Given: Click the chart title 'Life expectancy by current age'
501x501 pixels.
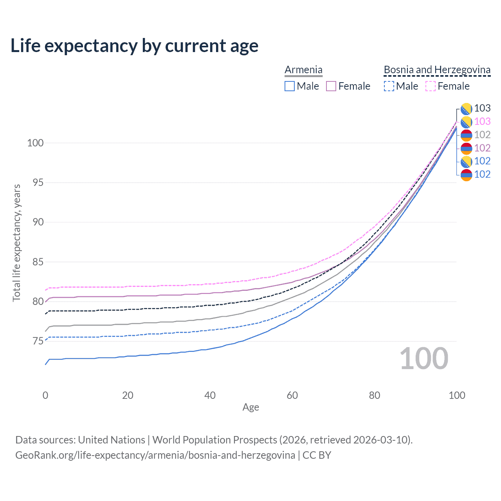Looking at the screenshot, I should click(134, 46).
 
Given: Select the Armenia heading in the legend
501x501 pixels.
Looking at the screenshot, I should click(303, 70).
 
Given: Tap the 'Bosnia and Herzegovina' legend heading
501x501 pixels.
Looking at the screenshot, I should click(437, 70).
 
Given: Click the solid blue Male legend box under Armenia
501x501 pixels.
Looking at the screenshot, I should click(290, 86).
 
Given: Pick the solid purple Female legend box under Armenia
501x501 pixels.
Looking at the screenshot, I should click(331, 86).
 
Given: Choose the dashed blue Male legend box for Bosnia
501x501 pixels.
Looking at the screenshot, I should click(389, 86).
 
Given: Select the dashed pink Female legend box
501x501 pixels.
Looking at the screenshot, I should click(430, 86).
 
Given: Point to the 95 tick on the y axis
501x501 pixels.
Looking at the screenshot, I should click(35, 182).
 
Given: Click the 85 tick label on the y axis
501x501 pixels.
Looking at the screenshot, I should click(35, 262).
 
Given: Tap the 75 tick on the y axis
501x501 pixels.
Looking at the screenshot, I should click(35, 341).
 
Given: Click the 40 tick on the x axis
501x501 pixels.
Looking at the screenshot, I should click(210, 395).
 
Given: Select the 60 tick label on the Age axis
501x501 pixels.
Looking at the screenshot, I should click(292, 395).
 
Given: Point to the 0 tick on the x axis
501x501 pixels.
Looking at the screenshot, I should click(45, 395).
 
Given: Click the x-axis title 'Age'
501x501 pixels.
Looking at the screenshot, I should click(250, 407).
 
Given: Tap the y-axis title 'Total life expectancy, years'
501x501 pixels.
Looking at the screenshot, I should click(16, 243).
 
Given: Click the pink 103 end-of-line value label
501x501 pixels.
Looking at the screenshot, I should click(482, 121).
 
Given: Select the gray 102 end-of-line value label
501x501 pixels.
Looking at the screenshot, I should click(482, 135).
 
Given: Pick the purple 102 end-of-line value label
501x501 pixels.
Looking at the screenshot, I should click(482, 148).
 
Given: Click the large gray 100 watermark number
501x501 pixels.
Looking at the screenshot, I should click(424, 359).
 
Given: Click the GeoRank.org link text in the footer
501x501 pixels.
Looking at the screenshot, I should click(155, 455).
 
